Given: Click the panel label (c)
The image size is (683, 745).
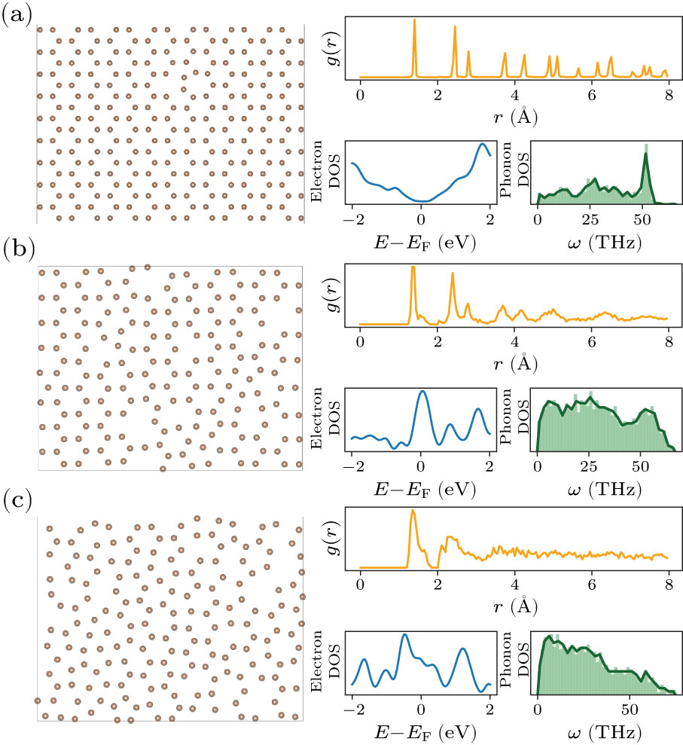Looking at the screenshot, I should (x=17, y=502).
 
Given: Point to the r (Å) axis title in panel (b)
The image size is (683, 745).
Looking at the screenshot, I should (x=514, y=363).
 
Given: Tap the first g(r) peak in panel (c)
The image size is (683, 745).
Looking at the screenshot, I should (x=413, y=511).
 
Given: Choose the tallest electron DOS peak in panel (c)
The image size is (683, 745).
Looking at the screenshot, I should (x=405, y=634).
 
